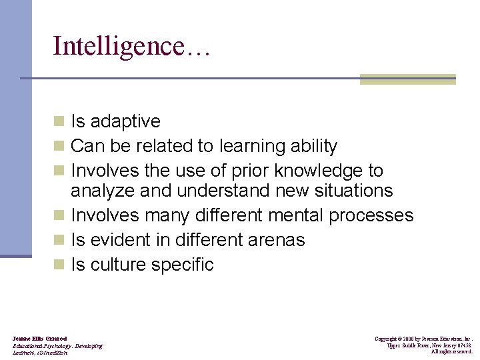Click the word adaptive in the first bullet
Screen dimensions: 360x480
[125, 121]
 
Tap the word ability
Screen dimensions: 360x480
[315, 146]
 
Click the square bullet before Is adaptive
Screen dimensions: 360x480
[60, 121]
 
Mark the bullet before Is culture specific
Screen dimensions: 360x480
[60, 265]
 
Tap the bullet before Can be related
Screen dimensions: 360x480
[60, 146]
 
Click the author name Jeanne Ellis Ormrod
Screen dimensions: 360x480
[39, 339]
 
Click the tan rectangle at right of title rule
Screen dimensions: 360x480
[407, 79]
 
